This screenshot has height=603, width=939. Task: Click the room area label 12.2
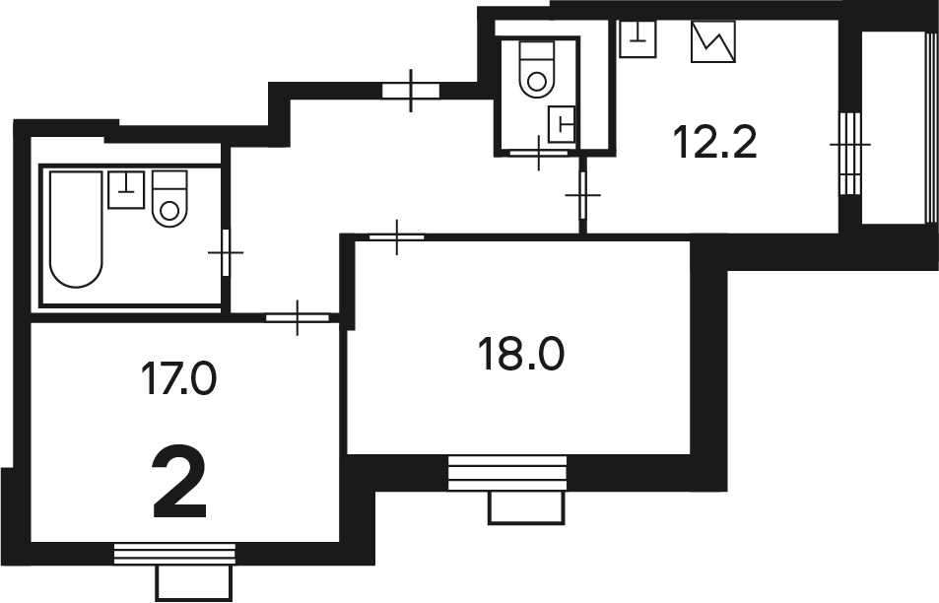click(715, 142)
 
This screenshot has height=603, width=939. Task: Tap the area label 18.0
click(521, 354)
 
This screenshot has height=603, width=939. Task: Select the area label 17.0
click(178, 378)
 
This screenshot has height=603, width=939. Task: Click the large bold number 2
click(179, 484)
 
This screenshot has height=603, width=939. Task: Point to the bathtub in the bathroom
click(76, 230)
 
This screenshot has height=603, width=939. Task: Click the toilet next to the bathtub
click(169, 198)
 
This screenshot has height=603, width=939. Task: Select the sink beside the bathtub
click(126, 189)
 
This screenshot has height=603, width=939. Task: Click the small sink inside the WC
click(562, 124)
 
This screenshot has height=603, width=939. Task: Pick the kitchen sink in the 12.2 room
click(637, 39)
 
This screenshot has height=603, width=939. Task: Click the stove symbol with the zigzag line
click(713, 42)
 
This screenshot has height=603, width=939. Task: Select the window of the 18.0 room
click(507, 473)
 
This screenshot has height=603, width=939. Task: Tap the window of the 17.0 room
click(174, 554)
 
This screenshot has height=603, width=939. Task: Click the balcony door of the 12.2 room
click(849, 153)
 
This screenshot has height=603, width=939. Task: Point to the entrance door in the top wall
click(411, 91)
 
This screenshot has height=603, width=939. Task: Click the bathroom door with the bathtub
click(226, 252)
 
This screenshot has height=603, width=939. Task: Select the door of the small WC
click(538, 154)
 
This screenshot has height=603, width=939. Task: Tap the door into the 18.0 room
click(397, 237)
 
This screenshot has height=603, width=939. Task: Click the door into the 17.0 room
click(298, 318)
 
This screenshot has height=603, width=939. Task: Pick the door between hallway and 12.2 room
click(582, 195)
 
